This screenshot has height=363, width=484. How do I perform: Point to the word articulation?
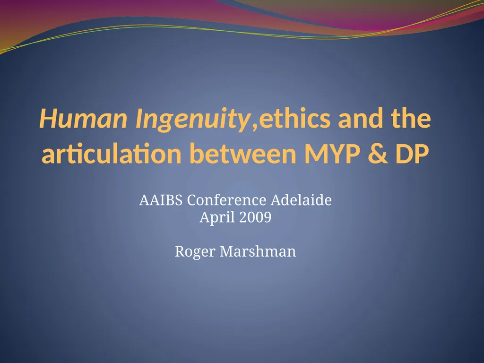[x=112, y=155]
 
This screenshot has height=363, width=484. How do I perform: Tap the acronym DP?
[x=406, y=155]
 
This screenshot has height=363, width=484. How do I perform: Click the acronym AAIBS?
[x=161, y=200]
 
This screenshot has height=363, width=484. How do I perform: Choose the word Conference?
[x=227, y=200]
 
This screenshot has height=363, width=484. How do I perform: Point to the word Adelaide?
[x=301, y=200]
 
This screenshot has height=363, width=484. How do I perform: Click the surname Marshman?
[x=258, y=252]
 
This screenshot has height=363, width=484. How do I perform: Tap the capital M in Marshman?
[x=225, y=252]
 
